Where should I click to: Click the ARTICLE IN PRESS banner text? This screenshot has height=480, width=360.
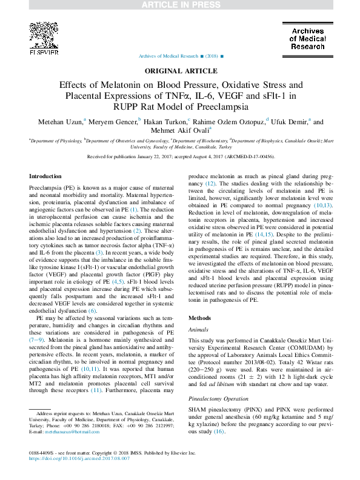[180, 5]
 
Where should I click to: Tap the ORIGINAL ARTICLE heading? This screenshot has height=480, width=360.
[180, 71]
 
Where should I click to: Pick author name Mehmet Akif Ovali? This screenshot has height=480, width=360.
[178, 130]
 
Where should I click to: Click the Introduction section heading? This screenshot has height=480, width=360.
[46, 176]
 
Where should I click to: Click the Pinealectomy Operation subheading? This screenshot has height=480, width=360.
[219, 383]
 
